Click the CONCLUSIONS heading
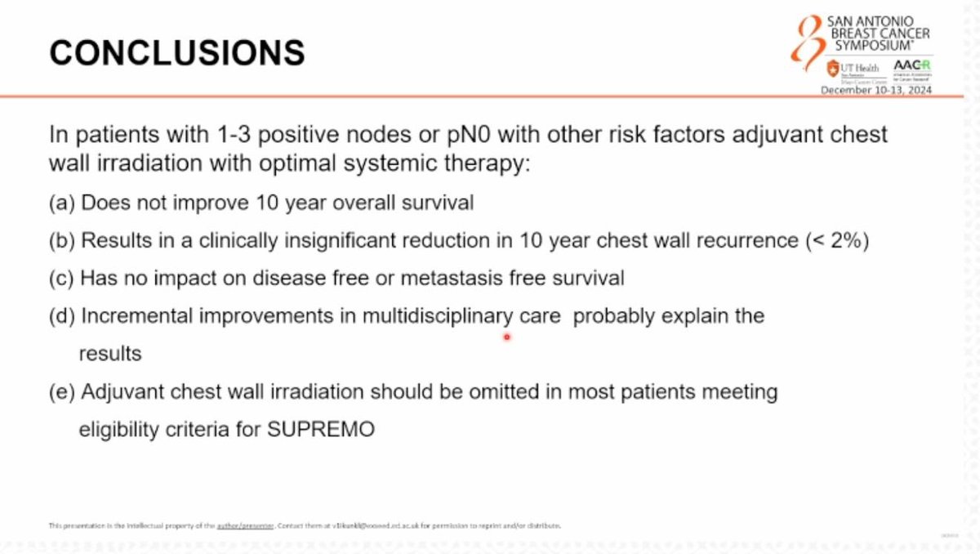[177, 53]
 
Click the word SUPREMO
[321, 430]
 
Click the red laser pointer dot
[506, 336]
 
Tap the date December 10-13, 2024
[875, 90]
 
